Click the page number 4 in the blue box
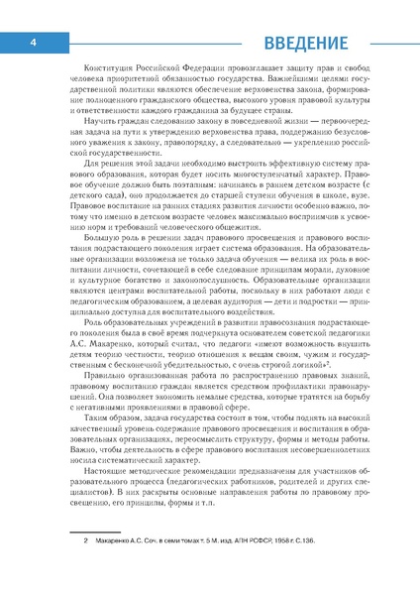[x=33, y=43]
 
